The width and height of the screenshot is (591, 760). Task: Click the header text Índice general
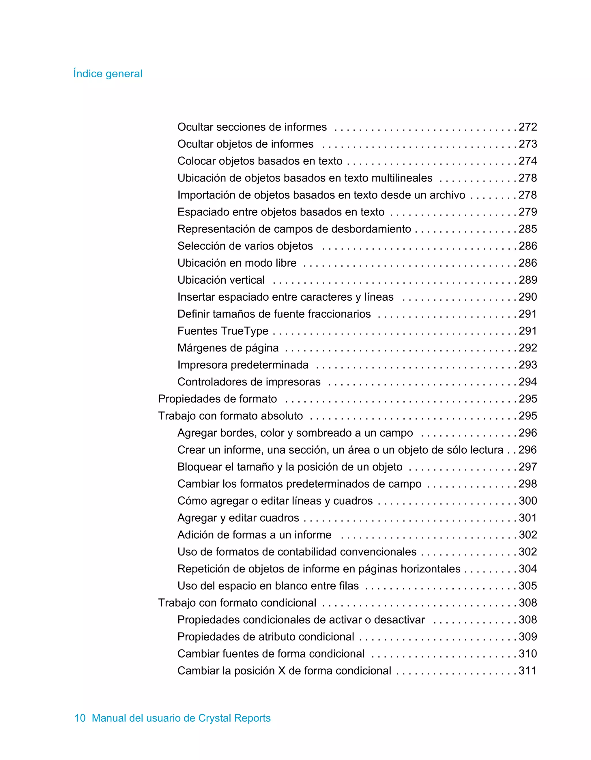pos(108,74)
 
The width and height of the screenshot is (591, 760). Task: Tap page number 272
pos(528,127)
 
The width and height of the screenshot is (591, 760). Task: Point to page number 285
pos(528,229)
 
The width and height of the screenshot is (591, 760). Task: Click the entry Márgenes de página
pos(228,348)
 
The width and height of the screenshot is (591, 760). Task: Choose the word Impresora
pos(202,365)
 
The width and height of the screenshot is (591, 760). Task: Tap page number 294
pos(528,382)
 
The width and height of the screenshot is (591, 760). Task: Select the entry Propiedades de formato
pos(218,399)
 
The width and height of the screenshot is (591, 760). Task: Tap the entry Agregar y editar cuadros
pos(238,518)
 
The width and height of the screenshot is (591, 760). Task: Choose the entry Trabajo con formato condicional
pos(237,603)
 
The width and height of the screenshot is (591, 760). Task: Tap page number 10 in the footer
pos(80,718)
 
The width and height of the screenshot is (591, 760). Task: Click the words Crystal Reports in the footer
pos(234,718)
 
